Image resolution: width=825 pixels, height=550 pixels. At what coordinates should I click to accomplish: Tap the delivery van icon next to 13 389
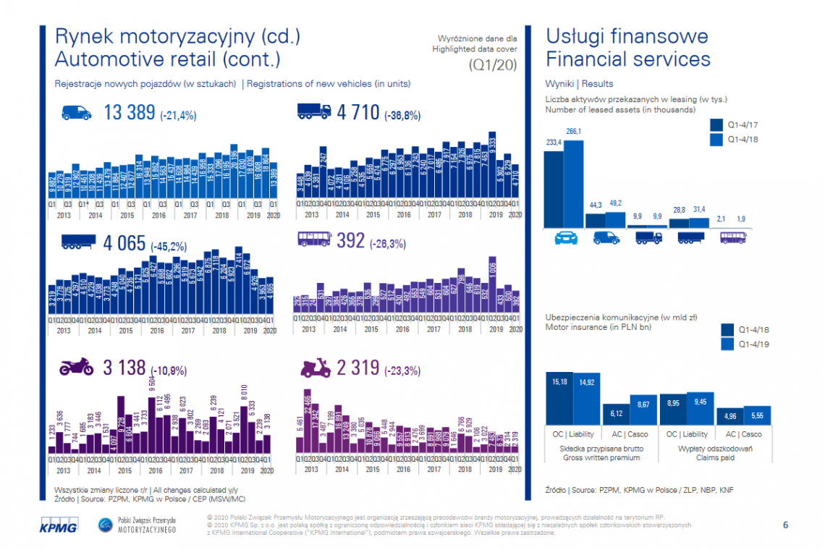click(77, 112)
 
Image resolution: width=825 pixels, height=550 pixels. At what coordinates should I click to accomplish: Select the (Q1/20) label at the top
click(491, 65)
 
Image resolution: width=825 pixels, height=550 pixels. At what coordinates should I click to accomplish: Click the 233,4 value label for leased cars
click(554, 143)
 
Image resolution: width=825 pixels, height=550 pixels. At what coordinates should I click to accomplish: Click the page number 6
click(785, 524)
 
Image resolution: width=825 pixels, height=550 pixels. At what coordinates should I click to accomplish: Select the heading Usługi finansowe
click(627, 37)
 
